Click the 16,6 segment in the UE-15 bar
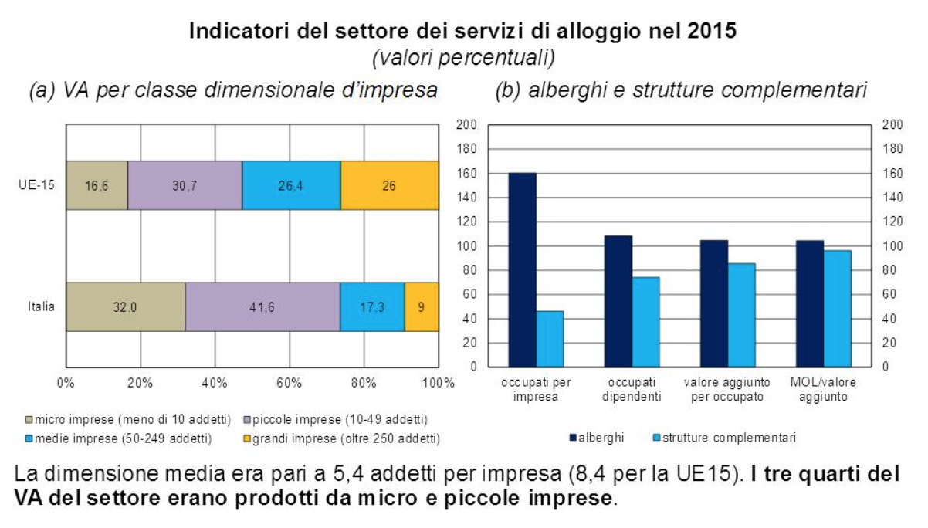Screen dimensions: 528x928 point(97,185)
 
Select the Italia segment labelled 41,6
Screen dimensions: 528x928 point(262,306)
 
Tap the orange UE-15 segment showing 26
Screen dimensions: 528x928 point(390,185)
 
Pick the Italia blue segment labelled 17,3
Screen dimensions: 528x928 point(372,306)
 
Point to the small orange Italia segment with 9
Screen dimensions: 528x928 point(422,306)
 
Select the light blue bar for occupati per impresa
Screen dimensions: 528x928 point(550,338)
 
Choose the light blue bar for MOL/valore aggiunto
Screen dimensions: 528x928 point(837,308)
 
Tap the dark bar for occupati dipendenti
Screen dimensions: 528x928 point(618,301)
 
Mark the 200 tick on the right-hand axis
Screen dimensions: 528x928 point(892,124)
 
